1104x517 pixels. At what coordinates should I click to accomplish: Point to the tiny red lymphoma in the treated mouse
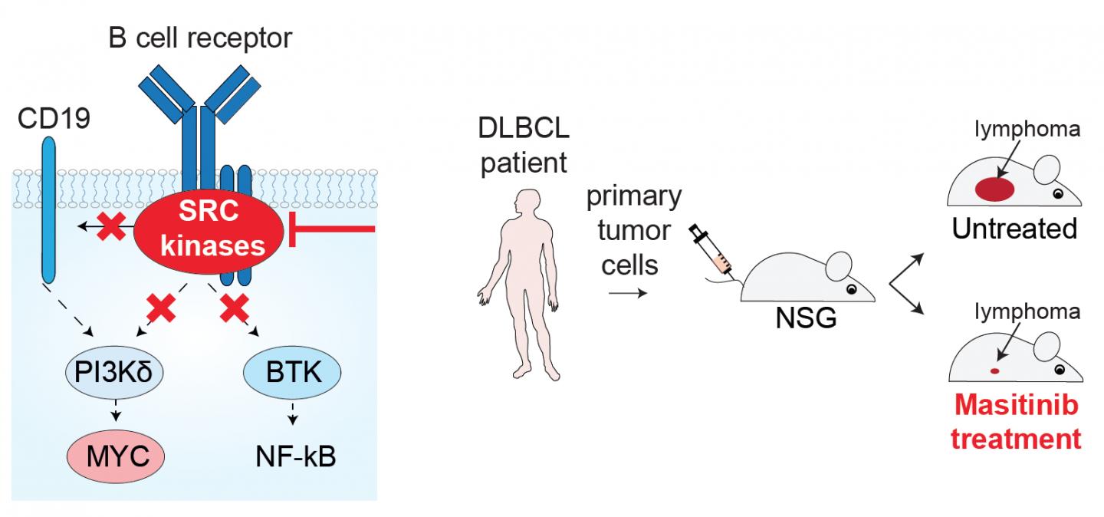(x=994, y=370)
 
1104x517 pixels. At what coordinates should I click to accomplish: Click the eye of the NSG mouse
(x=850, y=289)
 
